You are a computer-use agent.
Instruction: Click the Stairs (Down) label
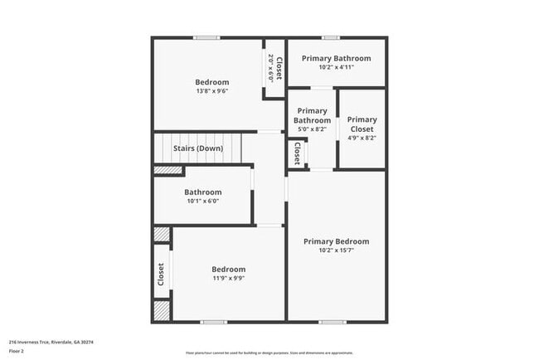tap(197, 149)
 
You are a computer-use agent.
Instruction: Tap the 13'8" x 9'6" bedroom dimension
tap(212, 91)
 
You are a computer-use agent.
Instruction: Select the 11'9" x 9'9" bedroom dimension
tap(228, 278)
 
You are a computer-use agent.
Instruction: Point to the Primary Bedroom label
tap(336, 241)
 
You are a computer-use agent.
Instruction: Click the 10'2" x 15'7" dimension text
tap(336, 251)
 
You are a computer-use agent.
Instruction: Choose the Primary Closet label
tap(362, 124)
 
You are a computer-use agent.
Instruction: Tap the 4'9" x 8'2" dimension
tap(362, 138)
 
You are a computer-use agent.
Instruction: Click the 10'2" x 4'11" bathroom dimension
tap(336, 67)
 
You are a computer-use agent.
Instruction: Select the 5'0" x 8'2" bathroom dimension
tap(312, 129)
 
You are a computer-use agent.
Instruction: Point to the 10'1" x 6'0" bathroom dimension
tap(203, 201)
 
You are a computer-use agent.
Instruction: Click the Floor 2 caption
tap(17, 350)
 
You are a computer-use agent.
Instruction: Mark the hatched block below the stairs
tap(168, 170)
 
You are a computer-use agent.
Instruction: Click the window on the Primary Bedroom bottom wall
tap(333, 322)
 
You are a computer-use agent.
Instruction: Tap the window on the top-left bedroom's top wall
tap(206, 37)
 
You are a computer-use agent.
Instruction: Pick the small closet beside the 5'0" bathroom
tap(297, 153)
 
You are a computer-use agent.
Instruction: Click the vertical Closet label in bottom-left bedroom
tap(161, 274)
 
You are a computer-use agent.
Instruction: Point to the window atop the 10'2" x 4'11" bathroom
tap(331, 37)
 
